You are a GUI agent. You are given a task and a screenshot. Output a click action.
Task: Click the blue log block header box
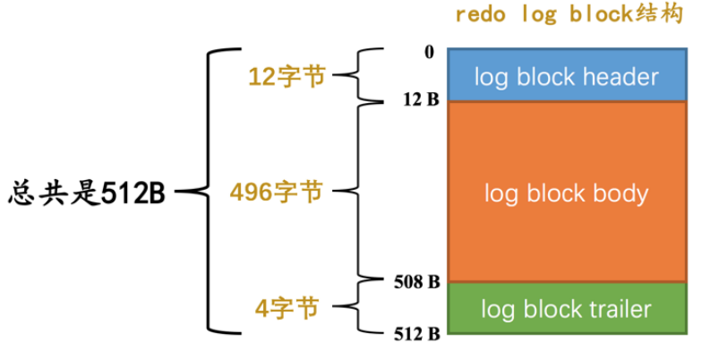(566, 75)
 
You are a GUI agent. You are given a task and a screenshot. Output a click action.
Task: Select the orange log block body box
(566, 192)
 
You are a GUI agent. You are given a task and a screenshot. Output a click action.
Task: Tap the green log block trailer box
(566, 310)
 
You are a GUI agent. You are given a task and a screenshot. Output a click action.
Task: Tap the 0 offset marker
(429, 52)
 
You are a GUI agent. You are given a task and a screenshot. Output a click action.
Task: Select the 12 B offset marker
(420, 99)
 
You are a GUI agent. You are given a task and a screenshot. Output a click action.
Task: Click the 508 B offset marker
(416, 282)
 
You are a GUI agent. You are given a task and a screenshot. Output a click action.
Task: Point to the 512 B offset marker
(416, 334)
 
